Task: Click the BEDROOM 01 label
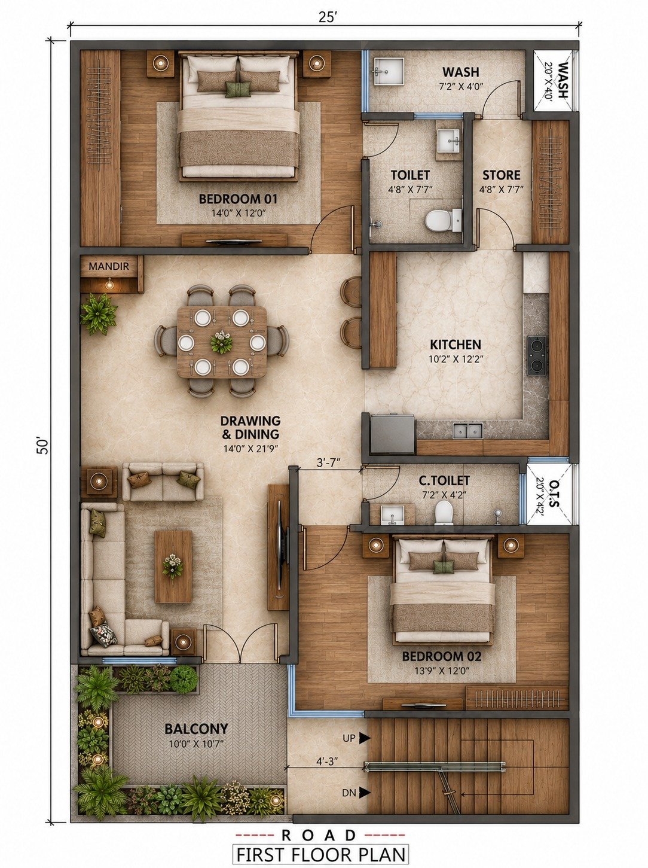[238, 199]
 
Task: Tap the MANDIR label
[109, 266]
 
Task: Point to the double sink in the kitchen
[468, 431]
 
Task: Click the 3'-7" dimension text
[329, 463]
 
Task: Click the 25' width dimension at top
[326, 18]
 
